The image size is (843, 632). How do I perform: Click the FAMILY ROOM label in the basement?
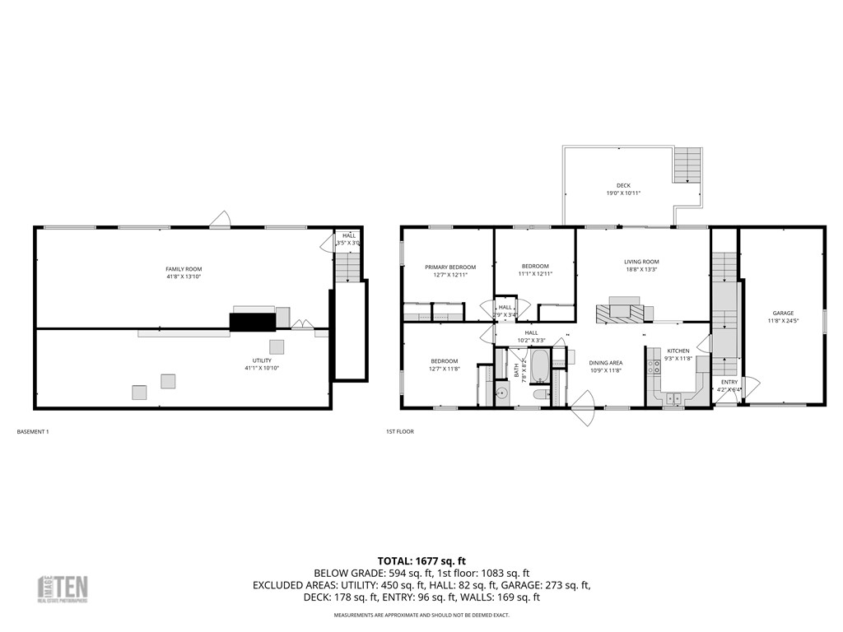(x=184, y=269)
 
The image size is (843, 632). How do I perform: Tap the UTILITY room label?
(x=262, y=360)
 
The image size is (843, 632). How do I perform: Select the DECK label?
(x=623, y=186)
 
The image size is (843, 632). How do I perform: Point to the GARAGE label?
(x=783, y=313)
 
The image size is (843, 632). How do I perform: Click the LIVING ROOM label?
(x=641, y=262)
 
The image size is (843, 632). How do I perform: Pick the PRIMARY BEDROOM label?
(x=450, y=267)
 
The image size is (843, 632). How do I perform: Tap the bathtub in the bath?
(x=540, y=366)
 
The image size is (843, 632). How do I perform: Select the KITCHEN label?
(x=678, y=351)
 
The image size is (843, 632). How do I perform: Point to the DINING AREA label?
(x=605, y=363)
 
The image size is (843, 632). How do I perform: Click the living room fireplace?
(x=618, y=313)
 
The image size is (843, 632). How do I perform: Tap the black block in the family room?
(x=252, y=322)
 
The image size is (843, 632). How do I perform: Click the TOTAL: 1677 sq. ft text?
(x=421, y=559)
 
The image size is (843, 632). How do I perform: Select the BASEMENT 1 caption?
(x=33, y=431)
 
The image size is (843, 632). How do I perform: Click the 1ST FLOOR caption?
(x=399, y=431)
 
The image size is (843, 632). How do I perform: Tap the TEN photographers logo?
(x=63, y=588)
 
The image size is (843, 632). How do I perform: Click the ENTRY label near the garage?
(x=729, y=383)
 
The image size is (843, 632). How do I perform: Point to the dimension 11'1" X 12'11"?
(x=535, y=273)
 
